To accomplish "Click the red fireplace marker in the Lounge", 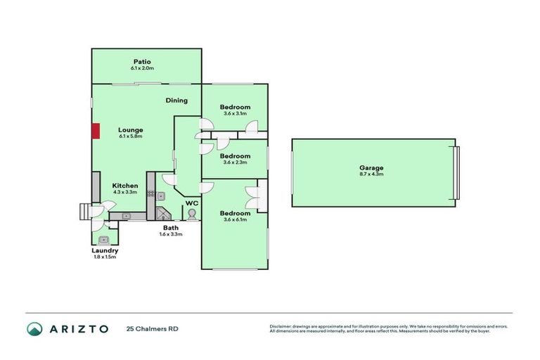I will tap(95, 131).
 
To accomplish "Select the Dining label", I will tap(176, 101).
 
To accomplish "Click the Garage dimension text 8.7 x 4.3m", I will tap(371, 175).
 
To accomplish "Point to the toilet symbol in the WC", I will tap(191, 213).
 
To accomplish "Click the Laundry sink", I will tap(103, 239).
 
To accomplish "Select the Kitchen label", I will tap(125, 186).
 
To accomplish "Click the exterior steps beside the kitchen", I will tap(84, 211).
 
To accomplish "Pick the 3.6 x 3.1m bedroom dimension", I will tap(236, 114).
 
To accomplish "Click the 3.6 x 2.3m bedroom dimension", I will tap(236, 162).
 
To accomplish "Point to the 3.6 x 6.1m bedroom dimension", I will tap(236, 220).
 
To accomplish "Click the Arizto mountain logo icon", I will tap(34, 328).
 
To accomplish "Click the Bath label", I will tap(170, 228).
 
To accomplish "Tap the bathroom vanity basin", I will tap(160, 196).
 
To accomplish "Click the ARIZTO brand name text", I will tap(79, 328).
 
